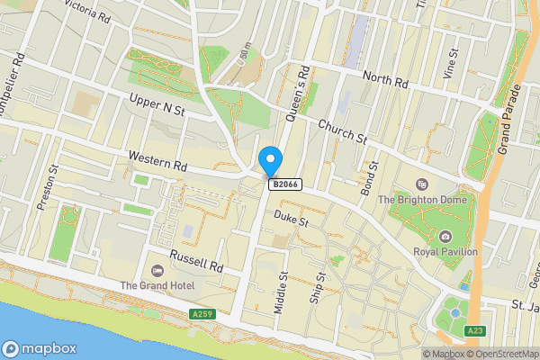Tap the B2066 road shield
[x=284, y=184]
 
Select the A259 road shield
[x=202, y=314]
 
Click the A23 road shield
[x=475, y=331]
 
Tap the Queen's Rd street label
[x=298, y=94]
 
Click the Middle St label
[x=283, y=292]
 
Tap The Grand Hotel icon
[x=159, y=270]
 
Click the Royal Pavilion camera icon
[x=445, y=237]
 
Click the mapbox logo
[x=40, y=349]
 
